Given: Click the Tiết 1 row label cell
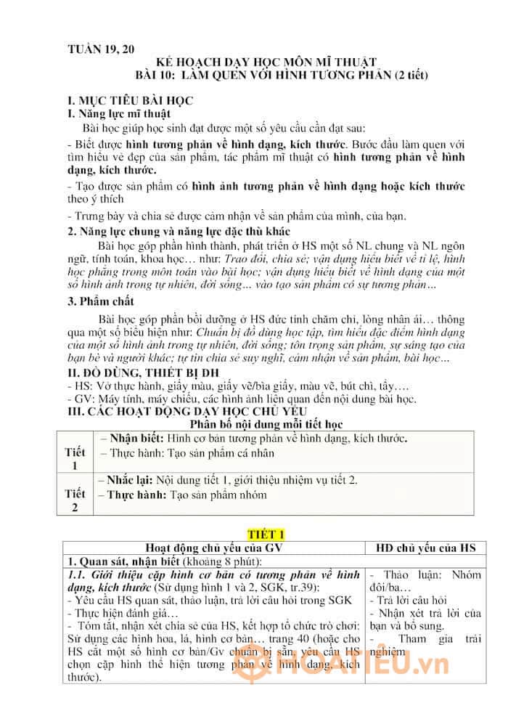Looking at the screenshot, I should coord(75,458).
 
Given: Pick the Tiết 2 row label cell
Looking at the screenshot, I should coord(75,500).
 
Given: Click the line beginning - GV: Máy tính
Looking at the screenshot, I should coord(240,399).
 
